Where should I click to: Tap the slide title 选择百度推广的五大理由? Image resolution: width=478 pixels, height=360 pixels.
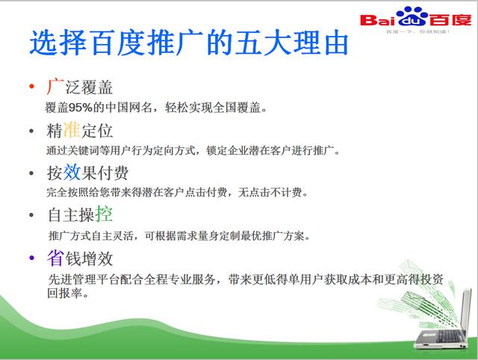pyautogui.click(x=188, y=43)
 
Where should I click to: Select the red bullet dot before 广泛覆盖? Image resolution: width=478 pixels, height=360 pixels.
pyautogui.click(x=31, y=88)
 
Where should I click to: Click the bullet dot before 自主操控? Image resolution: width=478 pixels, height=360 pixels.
pyautogui.click(x=31, y=216)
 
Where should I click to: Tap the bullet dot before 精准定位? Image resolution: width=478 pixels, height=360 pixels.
pyautogui.click(x=31, y=131)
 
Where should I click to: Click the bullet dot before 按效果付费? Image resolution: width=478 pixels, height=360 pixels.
pyautogui.click(x=31, y=173)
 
